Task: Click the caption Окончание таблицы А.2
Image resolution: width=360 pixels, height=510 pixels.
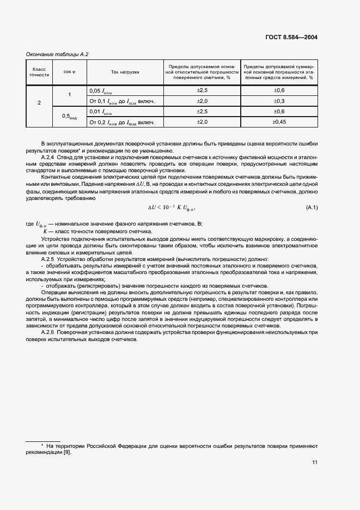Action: coord(57,54)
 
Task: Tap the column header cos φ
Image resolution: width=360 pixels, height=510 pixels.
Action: coord(69,72)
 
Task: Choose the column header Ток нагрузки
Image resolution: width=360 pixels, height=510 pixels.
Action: coord(125,72)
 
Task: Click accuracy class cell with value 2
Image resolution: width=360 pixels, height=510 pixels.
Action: coord(39,101)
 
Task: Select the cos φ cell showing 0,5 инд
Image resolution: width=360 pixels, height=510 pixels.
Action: coord(69,116)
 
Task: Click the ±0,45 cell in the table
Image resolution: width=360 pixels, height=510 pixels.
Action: coord(279,122)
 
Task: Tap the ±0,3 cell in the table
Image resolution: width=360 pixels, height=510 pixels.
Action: coord(279,101)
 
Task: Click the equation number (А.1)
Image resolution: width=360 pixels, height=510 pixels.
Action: coord(312,208)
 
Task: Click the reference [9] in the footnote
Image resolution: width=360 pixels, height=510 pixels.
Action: coord(67,452)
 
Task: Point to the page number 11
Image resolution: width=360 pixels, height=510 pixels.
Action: coord(314,463)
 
